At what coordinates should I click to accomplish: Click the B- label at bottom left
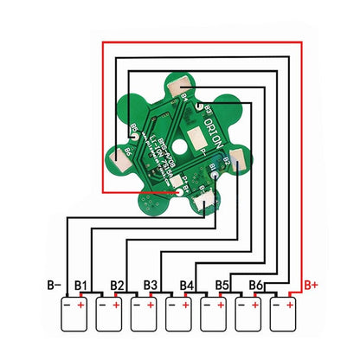pos(54,284)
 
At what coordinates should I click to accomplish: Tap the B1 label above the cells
pos(84,284)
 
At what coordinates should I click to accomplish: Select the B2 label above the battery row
pos(119,284)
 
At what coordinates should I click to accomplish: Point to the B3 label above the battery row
pos(151,284)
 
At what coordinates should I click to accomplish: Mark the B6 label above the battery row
pos(256,284)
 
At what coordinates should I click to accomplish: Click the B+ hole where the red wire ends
pos(178,193)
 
